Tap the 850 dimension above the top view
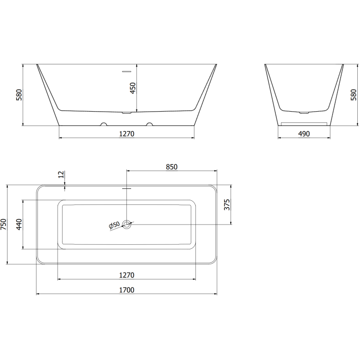171,167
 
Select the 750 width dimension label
4,224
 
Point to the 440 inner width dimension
19,224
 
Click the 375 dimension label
227,204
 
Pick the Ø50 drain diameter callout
114,225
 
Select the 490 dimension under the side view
304,134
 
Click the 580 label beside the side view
354,95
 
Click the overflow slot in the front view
126,71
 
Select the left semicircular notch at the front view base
104,124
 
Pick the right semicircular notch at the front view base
149,124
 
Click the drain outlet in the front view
127,112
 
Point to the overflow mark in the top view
127,189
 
